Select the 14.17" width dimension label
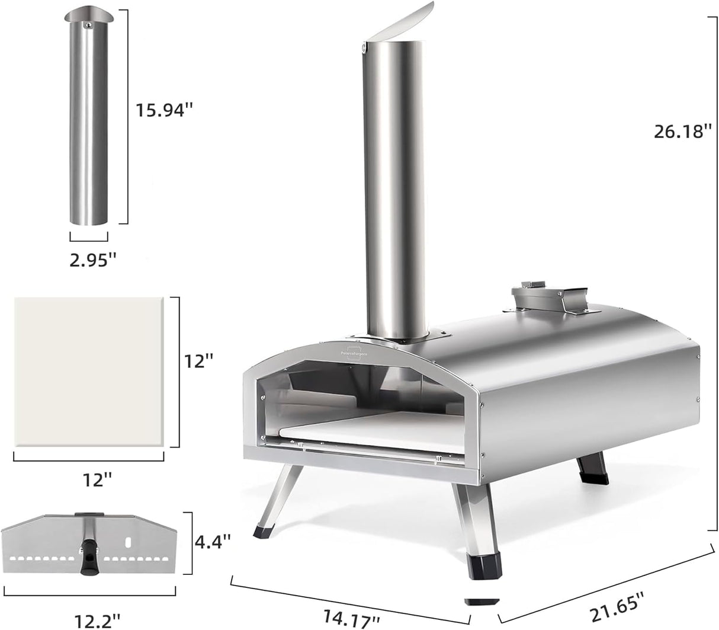349,618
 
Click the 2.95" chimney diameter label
89,261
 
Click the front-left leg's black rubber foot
261,529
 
